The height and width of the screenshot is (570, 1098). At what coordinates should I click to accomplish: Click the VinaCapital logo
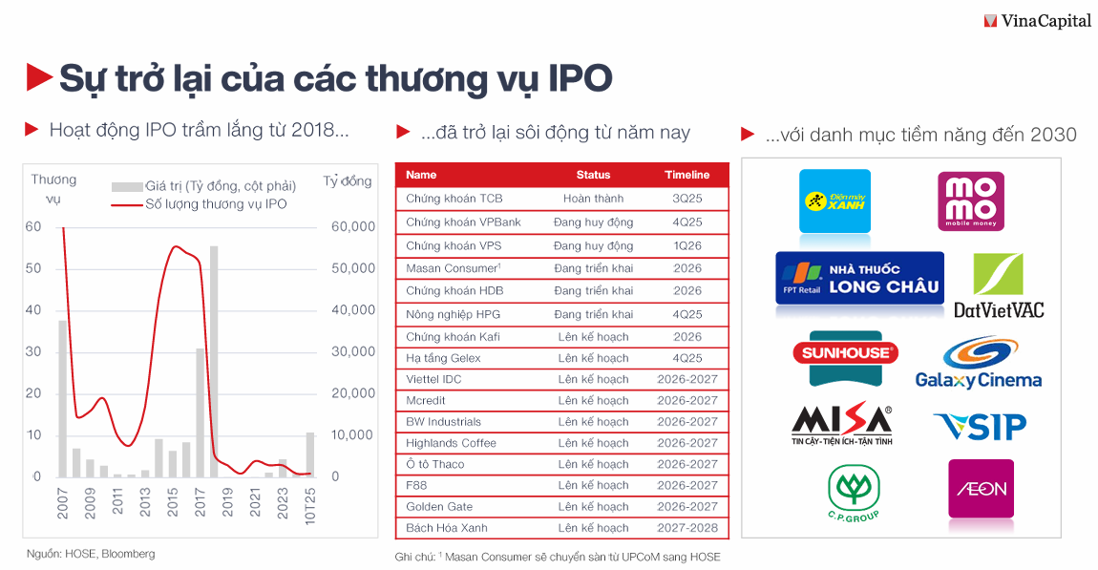(1037, 20)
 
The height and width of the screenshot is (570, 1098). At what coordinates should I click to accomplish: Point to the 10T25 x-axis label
(309, 501)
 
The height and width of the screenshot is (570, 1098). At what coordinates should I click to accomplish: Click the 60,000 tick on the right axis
(353, 226)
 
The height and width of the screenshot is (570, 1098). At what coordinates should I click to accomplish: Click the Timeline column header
(686, 175)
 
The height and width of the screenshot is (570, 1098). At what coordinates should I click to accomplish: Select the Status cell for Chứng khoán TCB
(593, 199)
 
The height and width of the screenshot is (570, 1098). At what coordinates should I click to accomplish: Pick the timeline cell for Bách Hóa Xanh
(686, 528)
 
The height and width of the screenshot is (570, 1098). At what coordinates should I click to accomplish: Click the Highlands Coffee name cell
(451, 443)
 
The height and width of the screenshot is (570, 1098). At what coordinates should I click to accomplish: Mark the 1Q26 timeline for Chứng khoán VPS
(686, 245)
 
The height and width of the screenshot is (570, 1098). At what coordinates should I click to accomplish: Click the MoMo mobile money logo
(969, 201)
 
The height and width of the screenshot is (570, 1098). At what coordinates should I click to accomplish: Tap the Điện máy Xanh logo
(834, 201)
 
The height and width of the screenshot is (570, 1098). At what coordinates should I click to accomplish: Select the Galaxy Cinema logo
(978, 363)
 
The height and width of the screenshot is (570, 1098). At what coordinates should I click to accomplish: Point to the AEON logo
(981, 489)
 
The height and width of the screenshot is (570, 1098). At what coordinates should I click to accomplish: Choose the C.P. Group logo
(853, 493)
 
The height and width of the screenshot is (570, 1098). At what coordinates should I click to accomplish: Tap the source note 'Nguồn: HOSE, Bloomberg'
(90, 554)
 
